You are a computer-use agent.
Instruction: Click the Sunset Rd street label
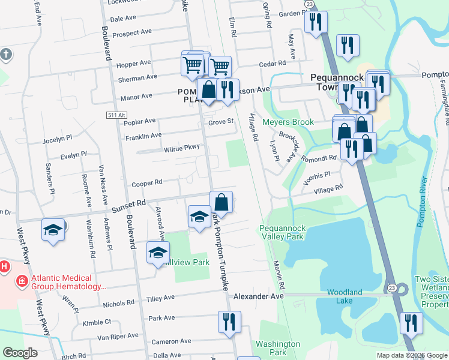(129, 204)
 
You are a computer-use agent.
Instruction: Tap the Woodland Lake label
(345, 296)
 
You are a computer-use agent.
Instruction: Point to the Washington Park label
(277, 348)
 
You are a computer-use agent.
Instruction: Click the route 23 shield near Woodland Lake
(390, 287)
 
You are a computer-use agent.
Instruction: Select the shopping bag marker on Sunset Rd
(221, 202)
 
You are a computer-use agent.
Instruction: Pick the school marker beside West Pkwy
(53, 229)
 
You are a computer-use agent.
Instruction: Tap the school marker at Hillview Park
(158, 252)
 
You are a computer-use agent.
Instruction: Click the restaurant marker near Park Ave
(229, 321)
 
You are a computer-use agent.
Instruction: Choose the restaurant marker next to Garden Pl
(315, 22)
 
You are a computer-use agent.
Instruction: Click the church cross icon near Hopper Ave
(5, 55)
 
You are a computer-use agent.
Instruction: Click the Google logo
(20, 353)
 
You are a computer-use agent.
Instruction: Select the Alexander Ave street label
(258, 296)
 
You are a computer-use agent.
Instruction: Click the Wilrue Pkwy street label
(173, 148)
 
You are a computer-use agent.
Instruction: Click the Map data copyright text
(411, 355)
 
